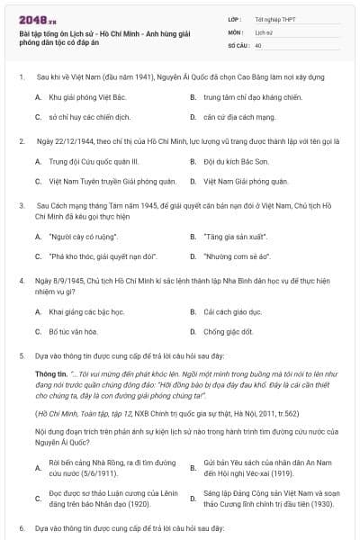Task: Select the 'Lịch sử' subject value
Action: tap(264, 31)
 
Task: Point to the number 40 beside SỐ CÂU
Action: tap(258, 44)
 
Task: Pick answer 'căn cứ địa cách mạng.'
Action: tap(238, 116)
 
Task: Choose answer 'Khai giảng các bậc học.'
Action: tap(86, 311)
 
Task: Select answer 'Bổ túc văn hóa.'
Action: tap(73, 332)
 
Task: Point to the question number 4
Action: tap(20, 281)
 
